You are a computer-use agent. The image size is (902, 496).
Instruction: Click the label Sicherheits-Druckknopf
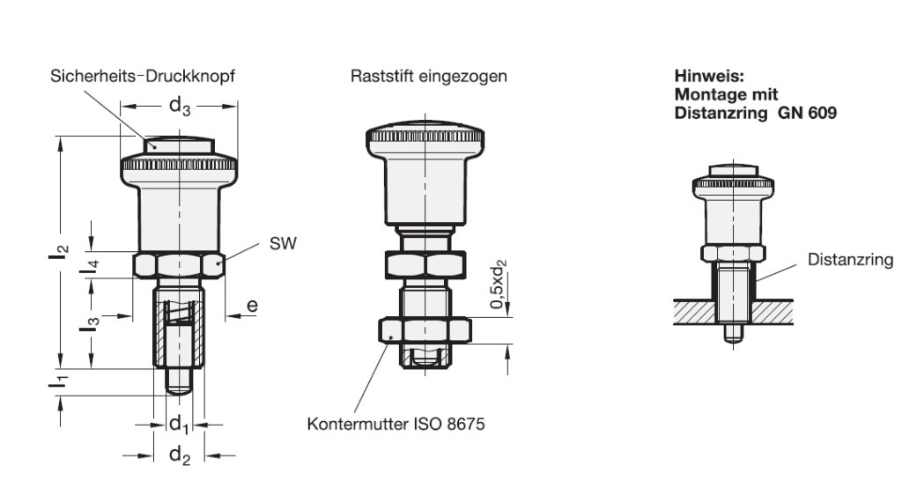point(142,77)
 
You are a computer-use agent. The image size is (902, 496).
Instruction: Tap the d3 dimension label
point(180,107)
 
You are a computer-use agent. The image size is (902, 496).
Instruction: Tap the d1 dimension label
point(180,426)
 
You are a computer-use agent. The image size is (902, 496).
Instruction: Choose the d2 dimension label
point(180,455)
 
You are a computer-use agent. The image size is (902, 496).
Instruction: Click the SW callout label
point(283,244)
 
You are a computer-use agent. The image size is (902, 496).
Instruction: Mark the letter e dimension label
point(252,306)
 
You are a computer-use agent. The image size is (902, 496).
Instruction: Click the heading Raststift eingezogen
point(428,77)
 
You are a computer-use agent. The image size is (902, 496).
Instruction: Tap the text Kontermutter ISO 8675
point(396,424)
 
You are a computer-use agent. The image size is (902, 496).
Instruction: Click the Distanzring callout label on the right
point(851,260)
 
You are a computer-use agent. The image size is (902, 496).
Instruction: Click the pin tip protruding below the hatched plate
point(728,335)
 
